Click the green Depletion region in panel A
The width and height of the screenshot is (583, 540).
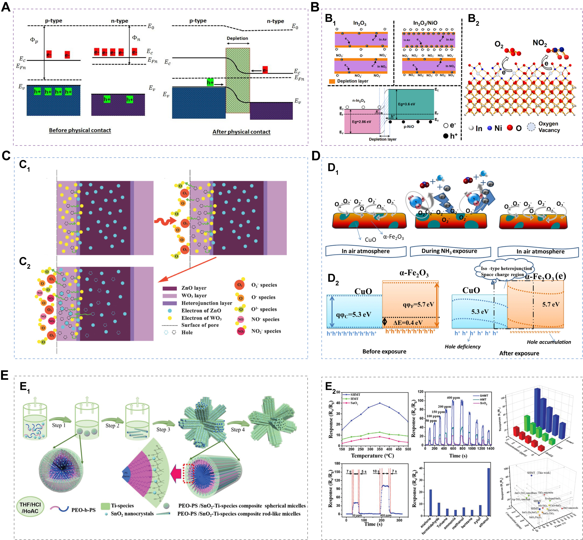point(237,80)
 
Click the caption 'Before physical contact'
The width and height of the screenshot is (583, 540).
point(80,130)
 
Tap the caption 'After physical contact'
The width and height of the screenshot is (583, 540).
point(241,132)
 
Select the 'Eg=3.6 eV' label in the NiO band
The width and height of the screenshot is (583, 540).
point(406,104)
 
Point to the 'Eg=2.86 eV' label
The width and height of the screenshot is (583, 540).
point(361,122)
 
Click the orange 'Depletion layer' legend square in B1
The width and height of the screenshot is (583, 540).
point(332,81)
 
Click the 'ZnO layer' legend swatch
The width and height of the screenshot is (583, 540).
point(170,288)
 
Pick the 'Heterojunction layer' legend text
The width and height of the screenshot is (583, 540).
point(206,303)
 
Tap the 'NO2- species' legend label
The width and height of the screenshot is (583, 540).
point(266,331)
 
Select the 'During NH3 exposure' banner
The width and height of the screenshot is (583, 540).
point(449,251)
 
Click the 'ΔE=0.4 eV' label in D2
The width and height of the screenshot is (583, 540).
point(408,323)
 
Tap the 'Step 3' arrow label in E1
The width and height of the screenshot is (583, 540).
point(163,430)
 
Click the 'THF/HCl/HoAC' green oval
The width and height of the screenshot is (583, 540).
point(30,508)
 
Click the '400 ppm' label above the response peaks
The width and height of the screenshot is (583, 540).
point(453,398)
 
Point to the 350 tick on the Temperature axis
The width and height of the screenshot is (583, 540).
point(379,449)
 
